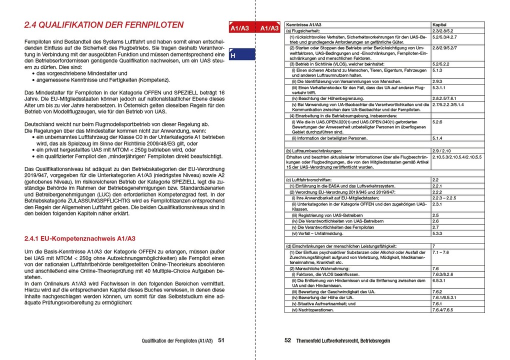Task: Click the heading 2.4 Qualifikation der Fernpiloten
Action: pos(104,25)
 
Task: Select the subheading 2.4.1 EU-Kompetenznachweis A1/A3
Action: pos(80,238)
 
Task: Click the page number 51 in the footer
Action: pos(221,340)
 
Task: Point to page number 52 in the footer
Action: pos(288,340)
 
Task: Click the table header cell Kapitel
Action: pos(440,24)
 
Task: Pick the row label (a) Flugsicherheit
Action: pos(306,31)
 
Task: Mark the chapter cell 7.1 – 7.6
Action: pos(440,252)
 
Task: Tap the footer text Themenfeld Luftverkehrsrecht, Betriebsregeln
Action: pos(343,341)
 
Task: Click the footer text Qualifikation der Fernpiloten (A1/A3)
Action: pos(177,341)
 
